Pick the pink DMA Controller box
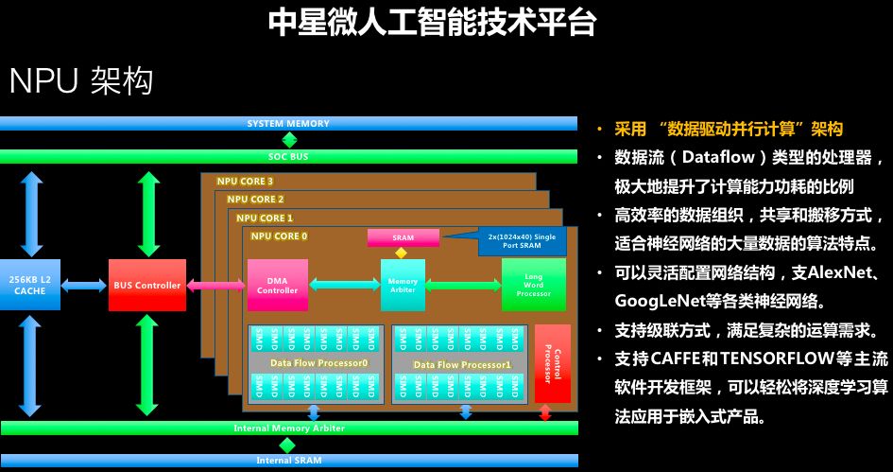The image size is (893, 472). point(278,285)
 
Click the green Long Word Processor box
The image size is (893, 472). point(533,285)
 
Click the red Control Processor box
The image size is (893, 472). point(553,363)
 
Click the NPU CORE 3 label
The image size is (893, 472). point(245,182)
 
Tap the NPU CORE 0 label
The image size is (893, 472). point(279,235)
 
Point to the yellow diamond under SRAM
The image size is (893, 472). point(401,253)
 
